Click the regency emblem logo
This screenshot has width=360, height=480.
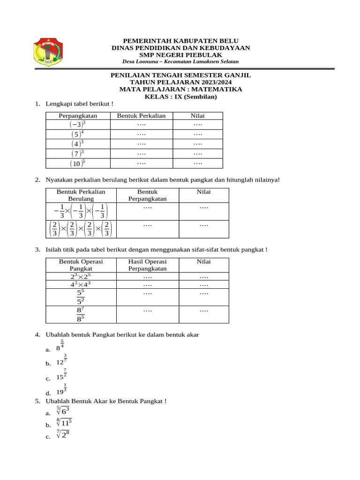(48, 52)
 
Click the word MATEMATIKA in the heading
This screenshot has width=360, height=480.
(219, 89)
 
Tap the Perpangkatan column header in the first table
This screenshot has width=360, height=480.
(78, 116)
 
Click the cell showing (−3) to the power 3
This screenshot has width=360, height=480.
(78, 124)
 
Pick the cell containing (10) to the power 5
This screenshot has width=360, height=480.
(78, 164)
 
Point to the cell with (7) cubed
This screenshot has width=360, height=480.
(78, 154)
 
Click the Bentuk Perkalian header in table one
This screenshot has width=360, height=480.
(141, 116)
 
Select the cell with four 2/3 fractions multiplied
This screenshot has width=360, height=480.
(80, 229)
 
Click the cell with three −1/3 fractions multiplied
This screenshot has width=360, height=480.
(80, 211)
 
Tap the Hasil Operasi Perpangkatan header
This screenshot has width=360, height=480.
(147, 265)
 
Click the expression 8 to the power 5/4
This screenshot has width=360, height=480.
(60, 346)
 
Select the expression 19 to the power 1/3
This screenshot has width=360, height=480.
(61, 390)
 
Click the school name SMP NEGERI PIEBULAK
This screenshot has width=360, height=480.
(180, 54)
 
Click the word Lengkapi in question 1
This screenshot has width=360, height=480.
(57, 104)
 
